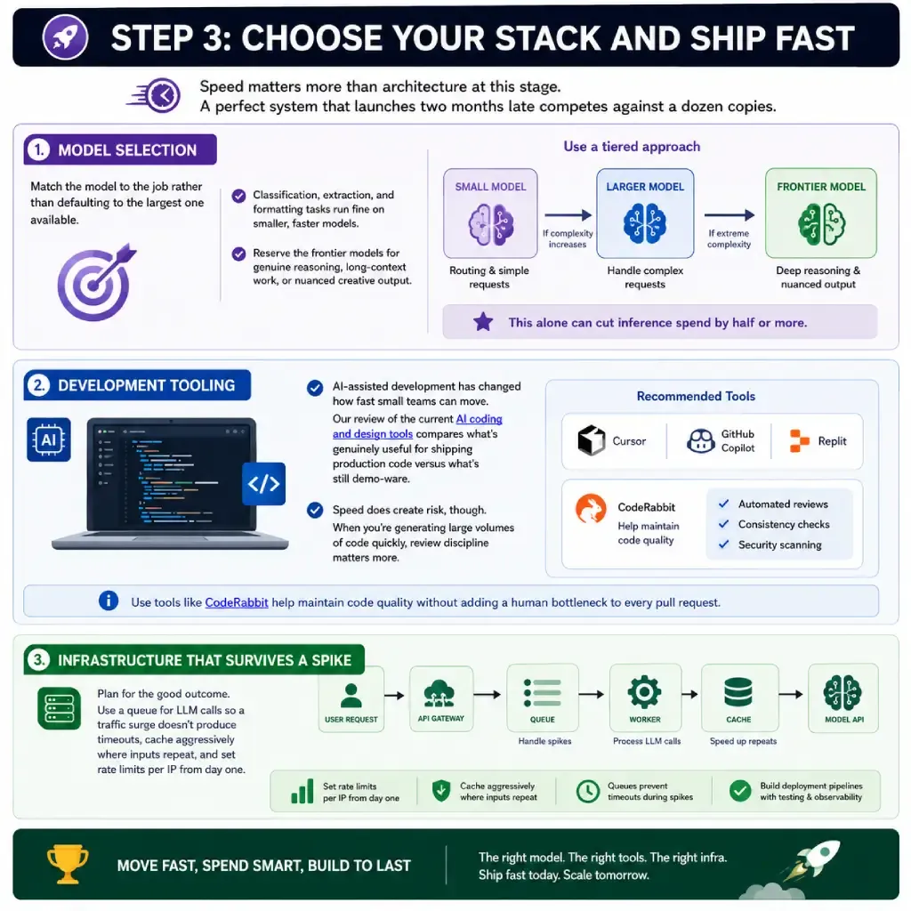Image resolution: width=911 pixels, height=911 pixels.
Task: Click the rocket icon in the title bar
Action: (x=65, y=37)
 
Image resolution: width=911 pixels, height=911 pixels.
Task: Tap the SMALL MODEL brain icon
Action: (x=491, y=224)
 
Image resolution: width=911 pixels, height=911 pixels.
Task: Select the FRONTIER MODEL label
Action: (x=821, y=187)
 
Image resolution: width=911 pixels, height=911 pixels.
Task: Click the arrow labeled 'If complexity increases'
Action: (x=568, y=215)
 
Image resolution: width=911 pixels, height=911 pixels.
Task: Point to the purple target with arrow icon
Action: (x=97, y=282)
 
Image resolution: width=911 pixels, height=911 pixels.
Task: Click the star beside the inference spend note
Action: (x=483, y=322)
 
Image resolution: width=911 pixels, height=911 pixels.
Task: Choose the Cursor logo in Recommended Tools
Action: (x=592, y=440)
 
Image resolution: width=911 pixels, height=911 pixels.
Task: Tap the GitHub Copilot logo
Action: (x=701, y=441)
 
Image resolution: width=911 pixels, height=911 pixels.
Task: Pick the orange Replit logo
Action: (x=800, y=440)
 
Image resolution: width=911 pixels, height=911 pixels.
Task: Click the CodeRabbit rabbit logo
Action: (x=591, y=509)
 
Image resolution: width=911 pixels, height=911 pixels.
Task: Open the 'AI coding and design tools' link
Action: (x=417, y=426)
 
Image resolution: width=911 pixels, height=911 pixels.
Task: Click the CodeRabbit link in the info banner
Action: (x=237, y=602)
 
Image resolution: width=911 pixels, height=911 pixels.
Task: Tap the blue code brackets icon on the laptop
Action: (x=263, y=483)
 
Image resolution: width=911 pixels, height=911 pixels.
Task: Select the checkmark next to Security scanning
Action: (x=723, y=544)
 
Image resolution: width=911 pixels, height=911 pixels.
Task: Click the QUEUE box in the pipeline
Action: (x=543, y=697)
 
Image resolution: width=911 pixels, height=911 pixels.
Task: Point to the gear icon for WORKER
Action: (x=644, y=692)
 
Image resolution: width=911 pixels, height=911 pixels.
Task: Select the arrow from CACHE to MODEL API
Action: (x=791, y=694)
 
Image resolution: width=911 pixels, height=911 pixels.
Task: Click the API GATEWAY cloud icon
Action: (x=439, y=693)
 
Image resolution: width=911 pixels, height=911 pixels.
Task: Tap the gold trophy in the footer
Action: (x=68, y=864)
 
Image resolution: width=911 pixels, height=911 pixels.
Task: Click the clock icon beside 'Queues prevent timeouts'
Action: (x=588, y=791)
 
